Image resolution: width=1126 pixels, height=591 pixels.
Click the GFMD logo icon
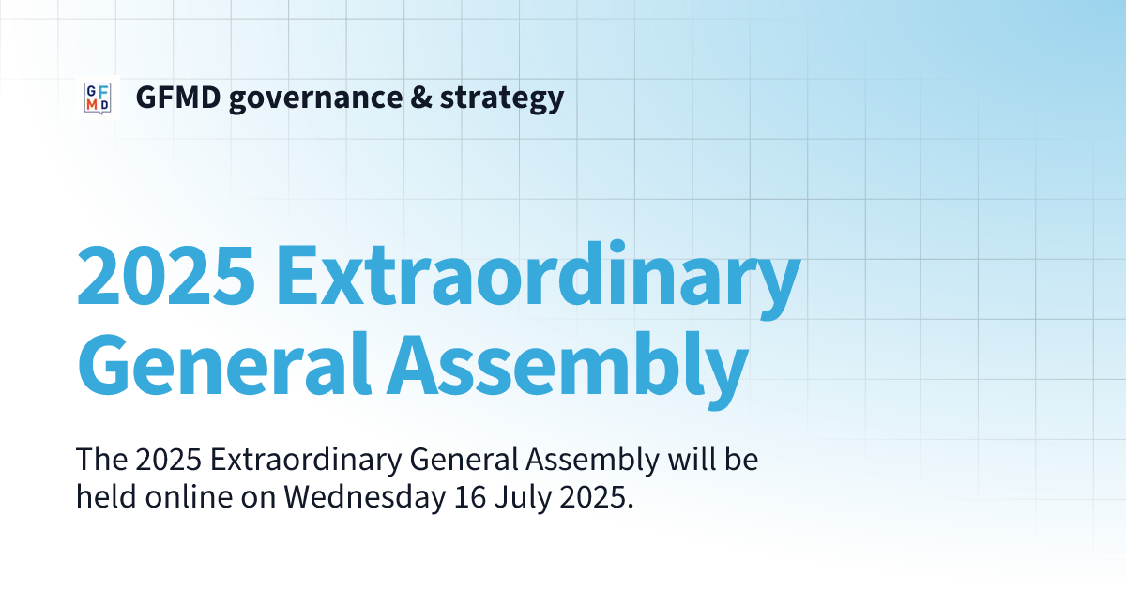tap(98, 97)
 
